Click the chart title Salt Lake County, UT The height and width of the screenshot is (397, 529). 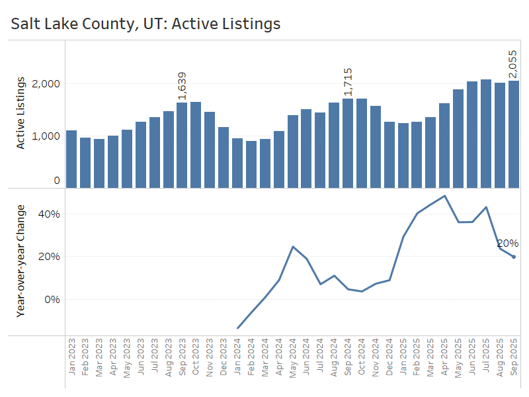145,24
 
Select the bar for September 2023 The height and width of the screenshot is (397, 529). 182,145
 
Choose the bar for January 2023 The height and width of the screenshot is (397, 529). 71,159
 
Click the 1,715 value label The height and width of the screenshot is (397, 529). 348,82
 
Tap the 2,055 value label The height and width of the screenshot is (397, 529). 513,63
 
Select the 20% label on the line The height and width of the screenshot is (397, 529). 508,243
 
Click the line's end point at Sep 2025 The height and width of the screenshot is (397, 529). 514,257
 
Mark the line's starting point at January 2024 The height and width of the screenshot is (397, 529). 237,328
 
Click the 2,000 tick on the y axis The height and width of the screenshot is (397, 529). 48,84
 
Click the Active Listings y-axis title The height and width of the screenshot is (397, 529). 20,112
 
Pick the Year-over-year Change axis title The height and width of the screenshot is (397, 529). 20,261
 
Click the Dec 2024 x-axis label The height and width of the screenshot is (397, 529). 389,357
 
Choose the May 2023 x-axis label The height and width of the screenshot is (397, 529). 127,357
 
